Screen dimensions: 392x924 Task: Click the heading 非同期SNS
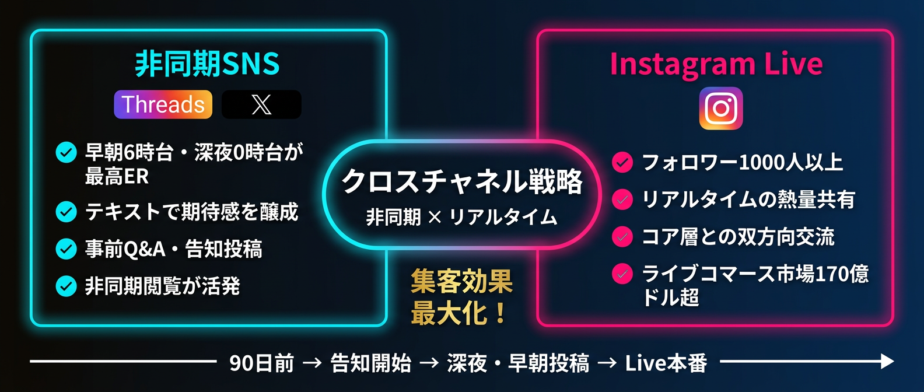(x=207, y=64)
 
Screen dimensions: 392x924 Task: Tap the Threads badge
(x=163, y=105)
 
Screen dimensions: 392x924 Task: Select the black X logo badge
(x=261, y=105)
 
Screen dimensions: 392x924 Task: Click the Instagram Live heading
(x=716, y=64)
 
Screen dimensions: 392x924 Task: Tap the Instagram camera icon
(x=721, y=108)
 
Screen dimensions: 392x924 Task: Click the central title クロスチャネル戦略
(x=462, y=181)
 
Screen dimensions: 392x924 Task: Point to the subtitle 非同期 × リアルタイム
(x=462, y=218)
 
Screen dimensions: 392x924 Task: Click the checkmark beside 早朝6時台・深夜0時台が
(x=66, y=153)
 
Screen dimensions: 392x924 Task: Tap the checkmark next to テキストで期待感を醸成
(x=66, y=212)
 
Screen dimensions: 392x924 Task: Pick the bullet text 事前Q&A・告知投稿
(x=174, y=249)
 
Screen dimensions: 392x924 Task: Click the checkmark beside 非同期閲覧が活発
(x=66, y=286)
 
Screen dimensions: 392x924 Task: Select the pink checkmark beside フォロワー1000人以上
(x=622, y=162)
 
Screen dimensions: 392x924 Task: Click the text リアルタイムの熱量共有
(x=748, y=199)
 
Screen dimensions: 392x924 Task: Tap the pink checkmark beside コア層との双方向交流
(x=622, y=237)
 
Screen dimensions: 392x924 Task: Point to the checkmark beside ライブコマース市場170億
(x=622, y=274)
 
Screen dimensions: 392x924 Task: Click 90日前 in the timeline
(x=262, y=363)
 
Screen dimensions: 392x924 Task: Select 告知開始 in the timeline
(x=371, y=363)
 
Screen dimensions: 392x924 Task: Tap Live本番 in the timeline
(x=666, y=363)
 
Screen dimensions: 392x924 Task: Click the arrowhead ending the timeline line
(x=887, y=362)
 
